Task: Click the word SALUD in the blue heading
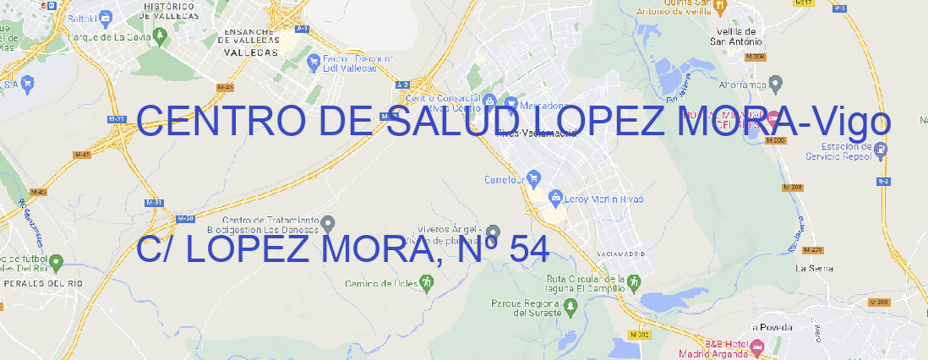point(457,123)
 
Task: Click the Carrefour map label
point(505,179)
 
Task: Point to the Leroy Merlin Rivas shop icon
point(555,199)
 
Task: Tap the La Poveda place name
point(769,326)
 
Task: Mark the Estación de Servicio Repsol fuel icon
point(881,150)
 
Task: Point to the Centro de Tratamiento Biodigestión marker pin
point(329,224)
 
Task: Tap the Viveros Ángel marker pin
point(493,232)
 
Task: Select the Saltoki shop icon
point(106,17)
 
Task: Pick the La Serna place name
point(815,268)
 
